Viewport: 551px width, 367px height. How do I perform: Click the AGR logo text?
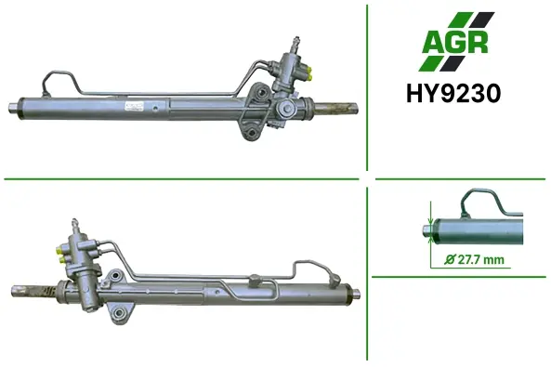tap(455, 42)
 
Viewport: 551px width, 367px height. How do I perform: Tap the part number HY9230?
tap(453, 94)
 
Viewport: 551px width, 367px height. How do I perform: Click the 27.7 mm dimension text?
tap(480, 260)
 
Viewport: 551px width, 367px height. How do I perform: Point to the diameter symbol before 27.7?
tap(450, 259)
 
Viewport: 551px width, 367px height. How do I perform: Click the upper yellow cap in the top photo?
tap(309, 69)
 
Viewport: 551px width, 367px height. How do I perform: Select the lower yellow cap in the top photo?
tap(310, 76)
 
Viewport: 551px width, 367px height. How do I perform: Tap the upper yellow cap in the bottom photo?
tap(59, 251)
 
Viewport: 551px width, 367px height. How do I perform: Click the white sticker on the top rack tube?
tap(135, 106)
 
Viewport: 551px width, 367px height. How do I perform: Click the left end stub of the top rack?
tap(13, 108)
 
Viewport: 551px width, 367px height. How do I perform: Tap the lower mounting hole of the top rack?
tap(252, 133)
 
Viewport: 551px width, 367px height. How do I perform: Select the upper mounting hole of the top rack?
tap(261, 94)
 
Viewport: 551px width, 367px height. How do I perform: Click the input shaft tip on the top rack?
tap(295, 40)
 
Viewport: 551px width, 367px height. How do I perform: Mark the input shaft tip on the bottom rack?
tap(74, 222)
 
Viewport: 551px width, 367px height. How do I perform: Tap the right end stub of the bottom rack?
tap(356, 294)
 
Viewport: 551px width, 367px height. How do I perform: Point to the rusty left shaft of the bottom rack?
tap(34, 291)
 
